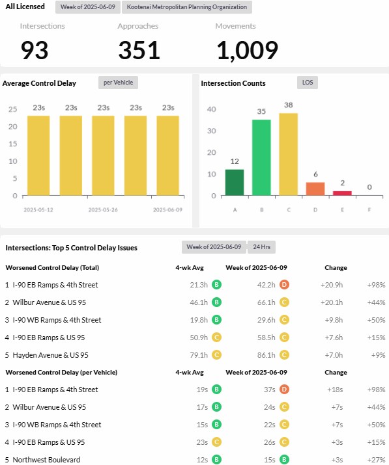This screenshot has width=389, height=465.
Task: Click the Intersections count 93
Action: tap(35, 50)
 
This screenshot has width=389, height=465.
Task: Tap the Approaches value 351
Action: tap(139, 50)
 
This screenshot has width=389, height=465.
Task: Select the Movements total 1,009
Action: tap(247, 51)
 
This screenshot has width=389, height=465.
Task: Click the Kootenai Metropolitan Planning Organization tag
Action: tap(186, 7)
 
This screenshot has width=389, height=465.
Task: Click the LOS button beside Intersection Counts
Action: tap(308, 83)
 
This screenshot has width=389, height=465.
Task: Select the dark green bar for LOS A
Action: tap(235, 182)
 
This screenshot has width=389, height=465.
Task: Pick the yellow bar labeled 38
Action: tap(288, 154)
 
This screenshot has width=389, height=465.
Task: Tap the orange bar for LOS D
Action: tap(315, 189)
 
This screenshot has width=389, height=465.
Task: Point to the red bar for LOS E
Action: tap(342, 193)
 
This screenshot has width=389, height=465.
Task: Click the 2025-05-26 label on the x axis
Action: tap(103, 209)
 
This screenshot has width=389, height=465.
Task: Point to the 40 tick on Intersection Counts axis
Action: tap(211, 109)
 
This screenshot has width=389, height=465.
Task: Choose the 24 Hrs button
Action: tap(261, 247)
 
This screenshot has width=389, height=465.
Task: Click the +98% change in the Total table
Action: tap(376, 285)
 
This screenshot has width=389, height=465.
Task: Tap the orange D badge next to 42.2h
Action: tap(284, 285)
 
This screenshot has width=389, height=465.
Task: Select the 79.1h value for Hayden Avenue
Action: tap(199, 355)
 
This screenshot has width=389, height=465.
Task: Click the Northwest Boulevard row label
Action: tap(46, 460)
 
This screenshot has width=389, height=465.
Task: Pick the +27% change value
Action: tap(376, 460)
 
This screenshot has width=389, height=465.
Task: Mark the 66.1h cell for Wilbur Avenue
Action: tap(267, 302)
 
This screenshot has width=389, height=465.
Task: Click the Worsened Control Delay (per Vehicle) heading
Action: tap(61, 373)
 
